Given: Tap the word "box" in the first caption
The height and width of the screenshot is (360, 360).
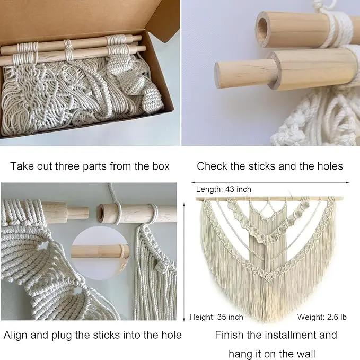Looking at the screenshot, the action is [x=161, y=166].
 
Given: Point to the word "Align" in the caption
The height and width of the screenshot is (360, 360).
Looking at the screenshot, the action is [x=15, y=335].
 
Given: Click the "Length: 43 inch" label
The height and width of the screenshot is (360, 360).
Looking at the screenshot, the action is [x=224, y=189].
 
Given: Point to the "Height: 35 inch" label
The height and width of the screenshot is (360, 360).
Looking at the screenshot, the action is [x=216, y=317].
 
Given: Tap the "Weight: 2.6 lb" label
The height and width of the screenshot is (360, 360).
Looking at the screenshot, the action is [x=322, y=317].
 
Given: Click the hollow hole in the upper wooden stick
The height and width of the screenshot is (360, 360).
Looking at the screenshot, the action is [x=262, y=29].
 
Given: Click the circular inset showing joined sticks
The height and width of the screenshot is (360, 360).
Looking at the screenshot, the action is [x=100, y=252].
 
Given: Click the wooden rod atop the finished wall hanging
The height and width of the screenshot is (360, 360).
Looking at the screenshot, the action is [x=269, y=199].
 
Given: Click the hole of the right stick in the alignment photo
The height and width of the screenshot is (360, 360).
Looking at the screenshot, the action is [x=101, y=214].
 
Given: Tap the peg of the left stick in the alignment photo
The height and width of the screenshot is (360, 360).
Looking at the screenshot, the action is [x=77, y=213].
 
